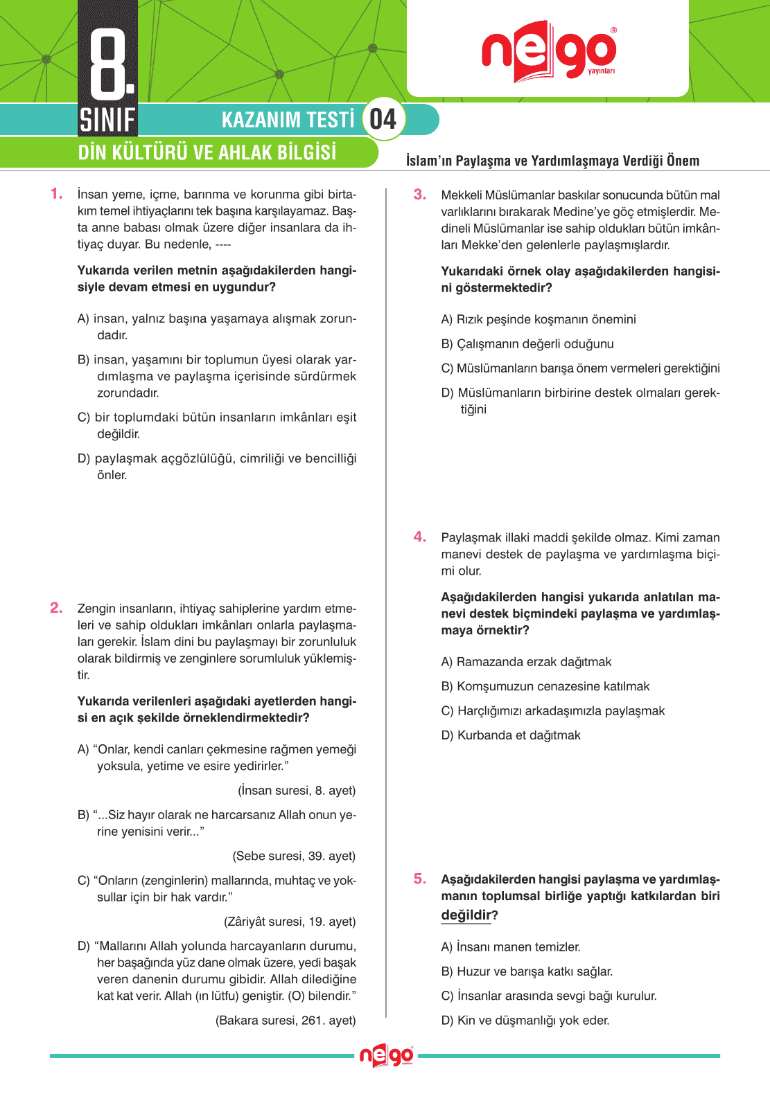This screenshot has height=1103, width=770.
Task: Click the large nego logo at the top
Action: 548,51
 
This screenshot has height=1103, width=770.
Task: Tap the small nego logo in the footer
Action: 386,1056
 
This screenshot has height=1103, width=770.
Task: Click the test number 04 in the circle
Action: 383,119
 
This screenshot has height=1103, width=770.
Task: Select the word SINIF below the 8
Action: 107,120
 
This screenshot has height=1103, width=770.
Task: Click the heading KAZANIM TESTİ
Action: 288,120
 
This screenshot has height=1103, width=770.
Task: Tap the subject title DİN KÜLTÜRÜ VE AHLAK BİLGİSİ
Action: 207,152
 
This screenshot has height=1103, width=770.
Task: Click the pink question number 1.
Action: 56,194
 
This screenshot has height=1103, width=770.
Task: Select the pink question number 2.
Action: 56,608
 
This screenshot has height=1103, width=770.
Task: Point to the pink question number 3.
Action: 419,195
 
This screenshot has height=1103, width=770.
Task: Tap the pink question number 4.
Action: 419,537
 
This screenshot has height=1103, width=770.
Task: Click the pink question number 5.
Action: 419,879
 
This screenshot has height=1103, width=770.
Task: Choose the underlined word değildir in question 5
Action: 466,915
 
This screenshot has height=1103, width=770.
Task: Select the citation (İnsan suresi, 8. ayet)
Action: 297,791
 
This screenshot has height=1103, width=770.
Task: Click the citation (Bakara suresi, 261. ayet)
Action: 286,1020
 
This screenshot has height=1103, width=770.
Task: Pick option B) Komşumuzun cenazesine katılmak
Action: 545,686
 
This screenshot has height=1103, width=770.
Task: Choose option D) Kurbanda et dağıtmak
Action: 511,735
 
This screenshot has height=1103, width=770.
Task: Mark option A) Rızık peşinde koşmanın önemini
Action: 539,319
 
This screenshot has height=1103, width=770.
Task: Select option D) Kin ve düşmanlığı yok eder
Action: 525,1020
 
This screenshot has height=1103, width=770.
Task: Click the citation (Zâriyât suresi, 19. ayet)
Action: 290,922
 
